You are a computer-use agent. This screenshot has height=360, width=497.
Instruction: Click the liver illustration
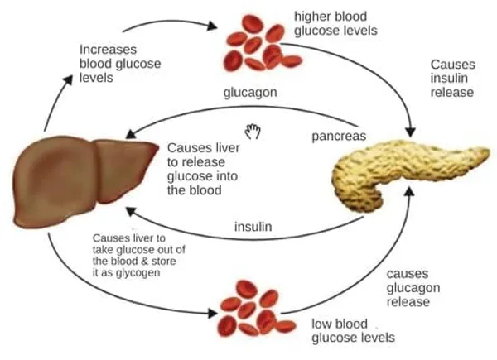click(82, 181)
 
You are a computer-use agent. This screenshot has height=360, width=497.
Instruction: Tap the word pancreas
click(339, 137)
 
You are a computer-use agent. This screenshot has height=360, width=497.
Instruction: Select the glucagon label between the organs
click(250, 93)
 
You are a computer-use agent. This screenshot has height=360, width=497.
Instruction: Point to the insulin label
click(253, 227)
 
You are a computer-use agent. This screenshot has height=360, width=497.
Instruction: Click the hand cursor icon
click(253, 132)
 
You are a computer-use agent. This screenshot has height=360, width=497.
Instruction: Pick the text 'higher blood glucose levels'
click(335, 23)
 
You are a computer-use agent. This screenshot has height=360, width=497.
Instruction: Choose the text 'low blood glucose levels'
click(353, 330)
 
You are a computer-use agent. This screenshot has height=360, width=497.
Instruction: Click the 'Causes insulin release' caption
click(452, 78)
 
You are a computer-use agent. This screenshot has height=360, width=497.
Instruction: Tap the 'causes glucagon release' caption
click(413, 287)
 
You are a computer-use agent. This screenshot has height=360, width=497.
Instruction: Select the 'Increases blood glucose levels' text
click(120, 64)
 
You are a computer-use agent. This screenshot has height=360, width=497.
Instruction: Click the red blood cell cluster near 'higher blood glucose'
click(263, 43)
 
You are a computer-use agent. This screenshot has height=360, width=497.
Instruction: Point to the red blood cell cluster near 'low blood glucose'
click(256, 309)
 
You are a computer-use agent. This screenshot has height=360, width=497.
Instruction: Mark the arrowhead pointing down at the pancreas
click(411, 132)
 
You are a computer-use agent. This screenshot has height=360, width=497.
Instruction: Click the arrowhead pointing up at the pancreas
click(410, 192)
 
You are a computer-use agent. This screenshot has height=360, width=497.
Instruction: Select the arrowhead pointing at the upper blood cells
click(212, 26)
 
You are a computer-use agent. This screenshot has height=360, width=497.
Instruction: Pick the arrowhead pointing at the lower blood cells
click(212, 313)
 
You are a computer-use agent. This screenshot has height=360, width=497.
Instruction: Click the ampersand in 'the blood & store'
click(144, 262)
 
